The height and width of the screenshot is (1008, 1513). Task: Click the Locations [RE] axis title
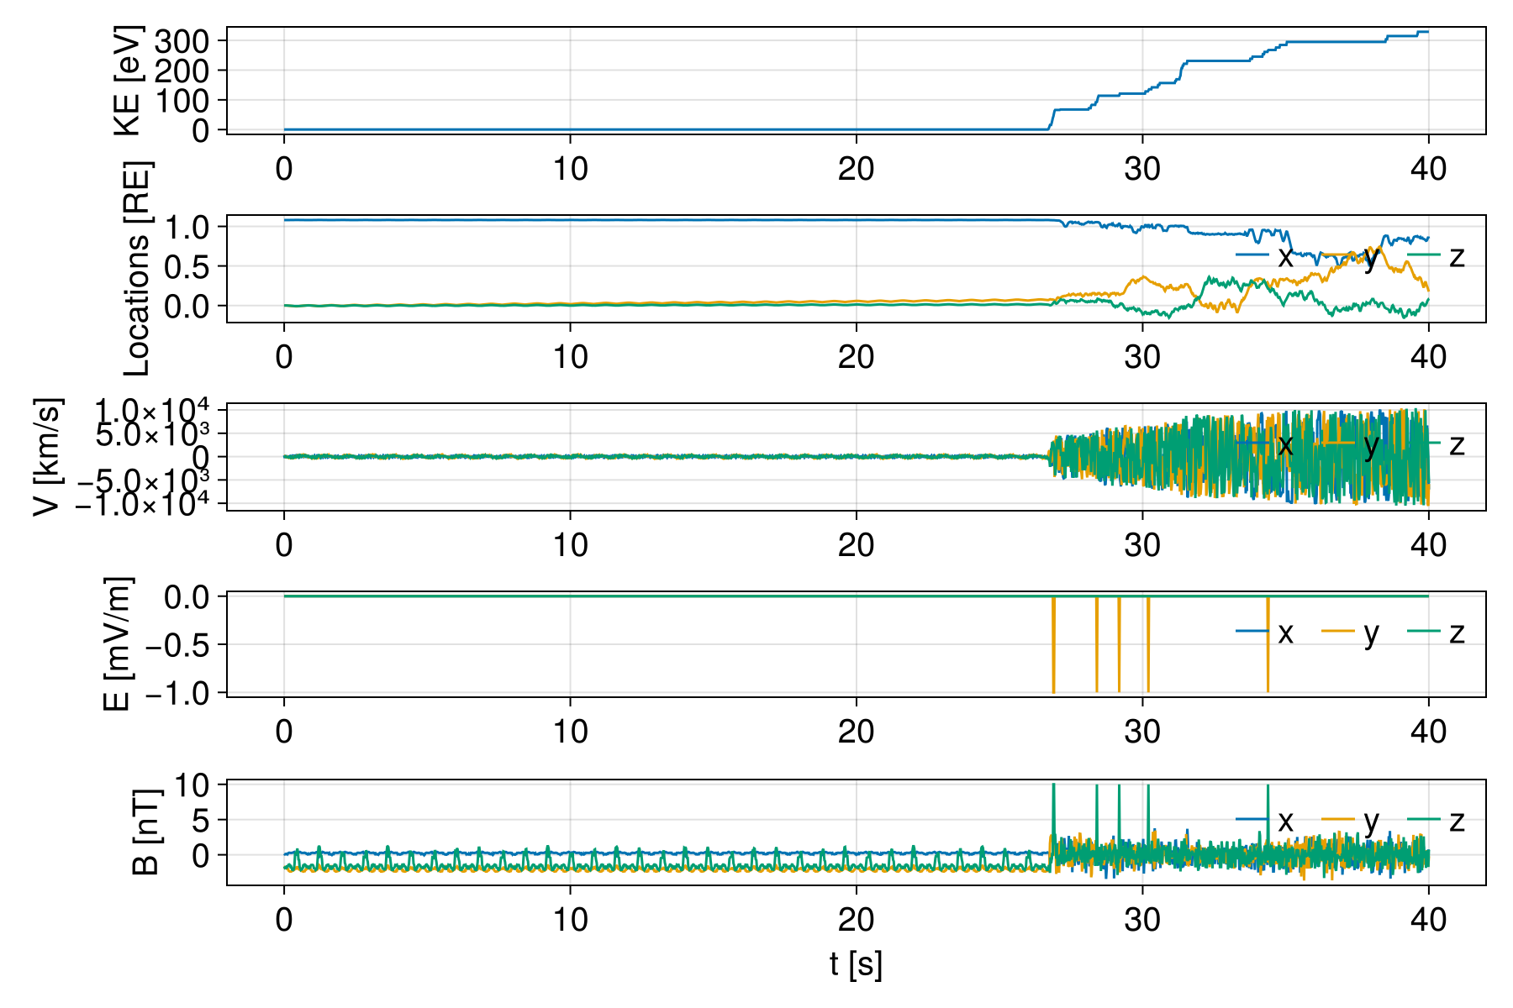[136, 269]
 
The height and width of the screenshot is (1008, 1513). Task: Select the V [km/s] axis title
[48, 457]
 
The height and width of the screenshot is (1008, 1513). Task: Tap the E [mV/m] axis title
[118, 644]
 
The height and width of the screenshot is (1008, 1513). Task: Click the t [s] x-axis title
[856, 964]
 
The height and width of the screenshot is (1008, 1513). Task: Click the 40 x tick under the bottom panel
[1428, 920]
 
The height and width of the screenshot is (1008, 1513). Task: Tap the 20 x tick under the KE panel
[856, 169]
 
